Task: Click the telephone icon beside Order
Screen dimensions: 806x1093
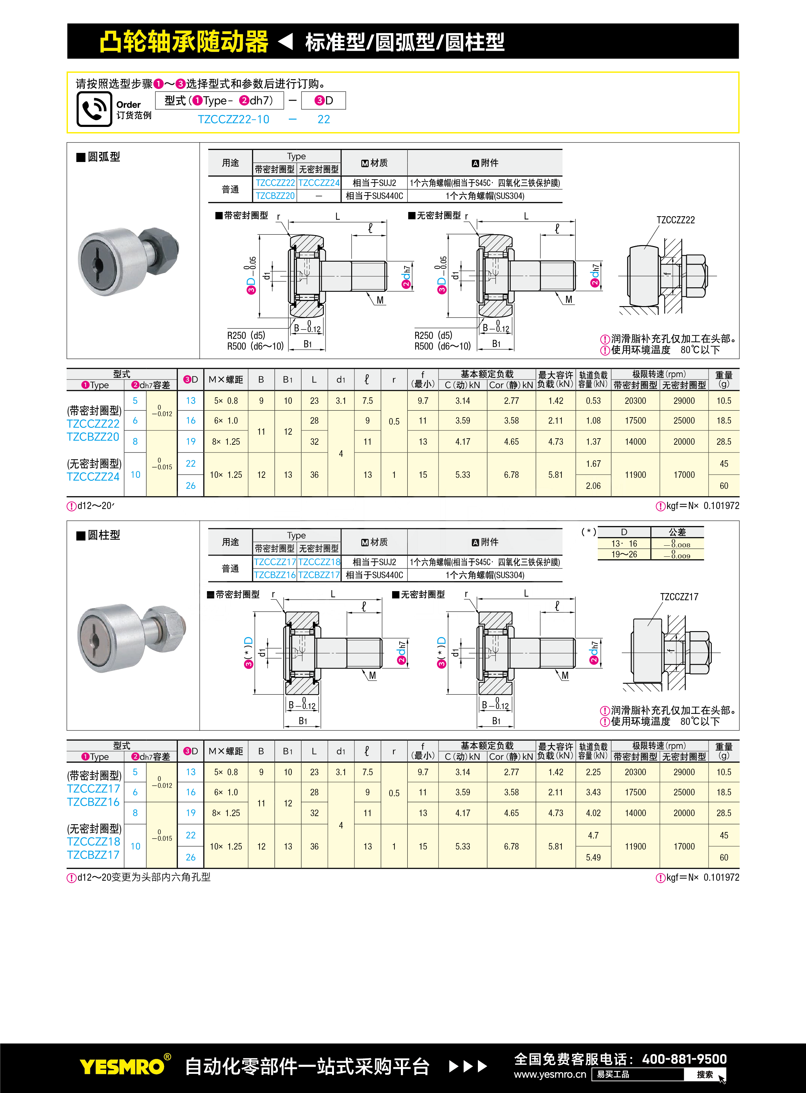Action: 94,109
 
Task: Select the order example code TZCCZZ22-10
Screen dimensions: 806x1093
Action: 233,119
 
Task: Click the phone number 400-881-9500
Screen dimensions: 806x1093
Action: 684,1059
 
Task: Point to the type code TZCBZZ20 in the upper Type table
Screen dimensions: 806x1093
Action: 275,196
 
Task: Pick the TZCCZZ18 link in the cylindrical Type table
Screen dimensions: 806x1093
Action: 319,562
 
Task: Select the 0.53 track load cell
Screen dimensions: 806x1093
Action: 593,401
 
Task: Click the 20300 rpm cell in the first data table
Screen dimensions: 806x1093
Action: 635,401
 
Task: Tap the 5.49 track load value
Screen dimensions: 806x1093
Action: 593,858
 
